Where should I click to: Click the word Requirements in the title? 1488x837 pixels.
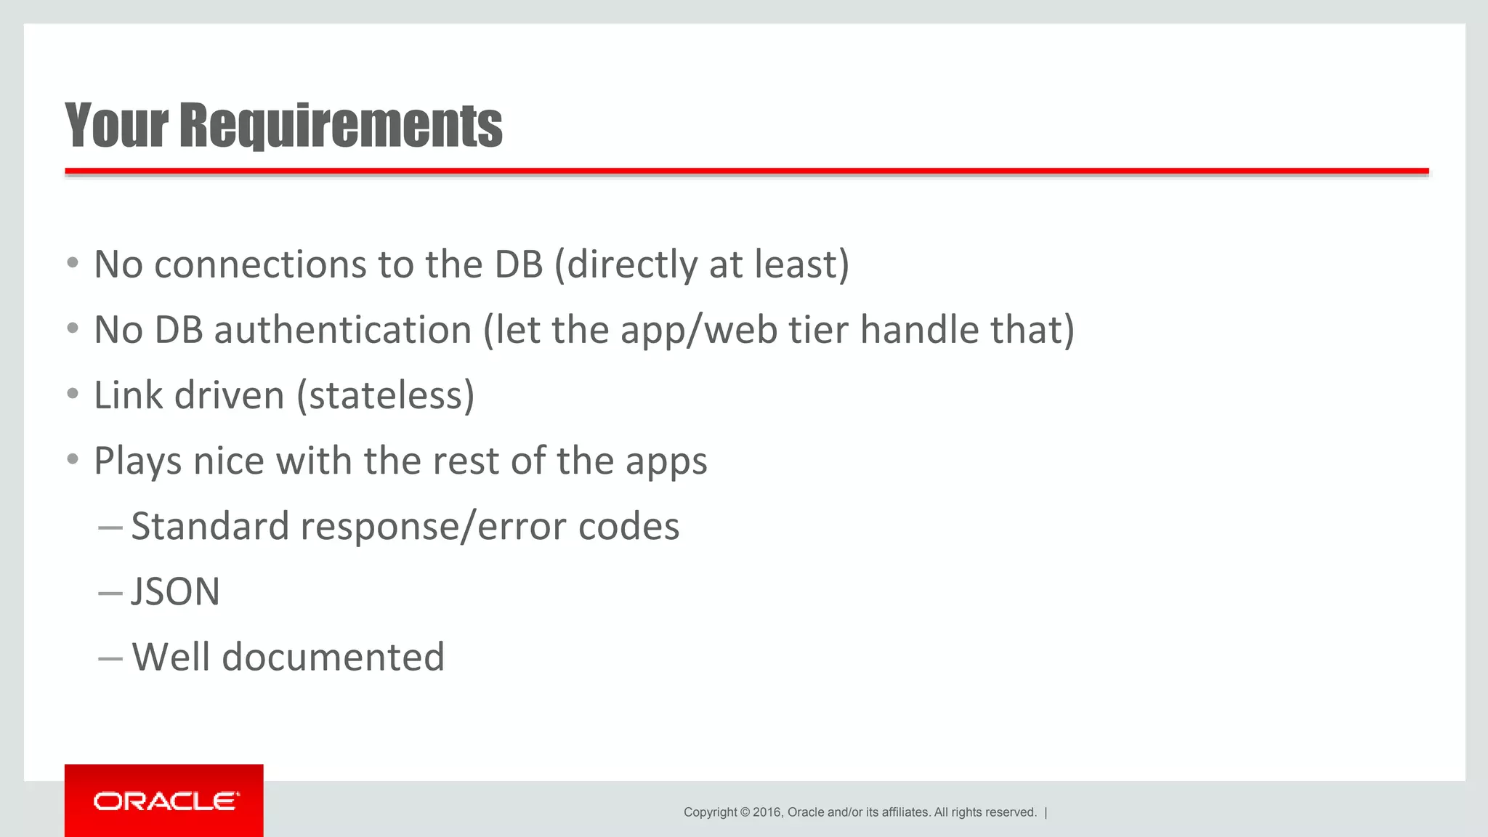pos(341,125)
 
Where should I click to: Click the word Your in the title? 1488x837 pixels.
pos(116,125)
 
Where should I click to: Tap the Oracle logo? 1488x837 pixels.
pos(165,801)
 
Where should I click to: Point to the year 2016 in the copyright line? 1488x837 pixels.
pos(767,812)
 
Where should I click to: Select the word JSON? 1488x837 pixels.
pos(175,591)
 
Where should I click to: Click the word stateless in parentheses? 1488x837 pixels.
pos(386,396)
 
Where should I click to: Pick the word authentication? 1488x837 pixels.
pos(342,330)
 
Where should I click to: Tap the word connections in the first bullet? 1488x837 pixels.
pos(260,264)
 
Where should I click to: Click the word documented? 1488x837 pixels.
pos(333,657)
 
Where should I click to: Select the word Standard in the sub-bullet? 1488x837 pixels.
pos(209,526)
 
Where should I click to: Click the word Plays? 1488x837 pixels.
pos(137,462)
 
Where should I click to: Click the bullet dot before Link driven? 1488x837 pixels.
pos(72,395)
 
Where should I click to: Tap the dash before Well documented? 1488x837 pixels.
pos(110,658)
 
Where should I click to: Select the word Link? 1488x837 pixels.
pos(128,396)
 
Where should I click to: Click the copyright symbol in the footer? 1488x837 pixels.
pos(745,812)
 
